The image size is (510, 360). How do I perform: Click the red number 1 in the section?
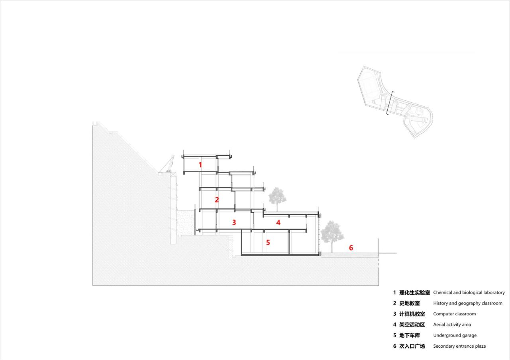tap(200, 164)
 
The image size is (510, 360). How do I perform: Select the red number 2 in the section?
tap(217, 200)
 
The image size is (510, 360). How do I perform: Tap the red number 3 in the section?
tap(234, 222)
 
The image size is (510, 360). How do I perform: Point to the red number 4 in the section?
tap(278, 223)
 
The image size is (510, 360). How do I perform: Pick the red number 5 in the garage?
tap(268, 242)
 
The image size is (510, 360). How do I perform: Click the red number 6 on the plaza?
tap(351, 248)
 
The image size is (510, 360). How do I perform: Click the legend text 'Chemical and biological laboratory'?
tap(469, 292)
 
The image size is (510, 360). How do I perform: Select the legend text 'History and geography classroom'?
tap(468, 303)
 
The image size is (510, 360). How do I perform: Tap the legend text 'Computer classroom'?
tap(454, 314)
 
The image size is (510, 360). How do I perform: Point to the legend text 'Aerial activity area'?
tap(452, 325)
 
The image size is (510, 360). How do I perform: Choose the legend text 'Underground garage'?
tap(455, 335)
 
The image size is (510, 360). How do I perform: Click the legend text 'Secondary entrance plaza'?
tap(459, 346)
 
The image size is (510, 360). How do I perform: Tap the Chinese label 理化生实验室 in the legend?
tap(414, 292)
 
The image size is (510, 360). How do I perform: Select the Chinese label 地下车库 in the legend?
tap(409, 335)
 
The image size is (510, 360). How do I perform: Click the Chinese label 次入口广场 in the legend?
tap(412, 346)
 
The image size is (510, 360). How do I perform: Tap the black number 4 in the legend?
tap(394, 325)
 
